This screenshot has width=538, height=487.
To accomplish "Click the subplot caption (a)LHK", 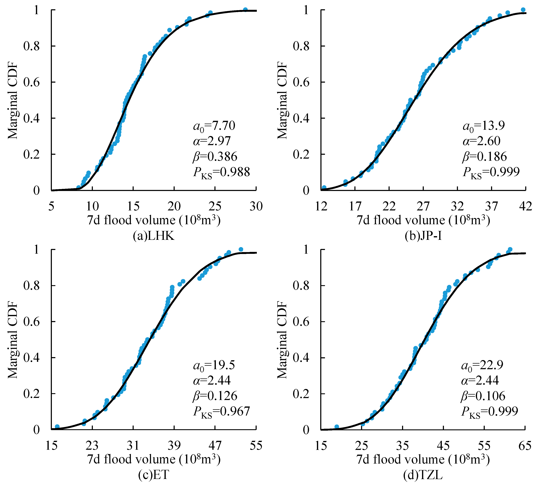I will click(x=154, y=236).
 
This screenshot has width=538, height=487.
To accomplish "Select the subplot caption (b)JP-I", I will click(x=423, y=236).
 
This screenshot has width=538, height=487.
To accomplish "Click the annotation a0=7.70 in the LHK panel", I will click(x=214, y=126).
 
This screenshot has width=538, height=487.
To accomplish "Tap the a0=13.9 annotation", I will click(x=484, y=126).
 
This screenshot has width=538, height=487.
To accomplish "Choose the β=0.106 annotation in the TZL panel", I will click(x=483, y=396).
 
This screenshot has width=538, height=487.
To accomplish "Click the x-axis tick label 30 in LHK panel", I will click(x=256, y=206).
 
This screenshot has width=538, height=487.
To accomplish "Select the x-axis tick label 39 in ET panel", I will click(x=174, y=445).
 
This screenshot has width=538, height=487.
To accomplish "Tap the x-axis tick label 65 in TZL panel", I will click(x=525, y=445).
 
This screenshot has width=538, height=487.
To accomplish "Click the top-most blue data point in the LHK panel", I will click(x=245, y=10).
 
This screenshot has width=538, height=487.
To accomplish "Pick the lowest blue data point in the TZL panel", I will click(x=337, y=427).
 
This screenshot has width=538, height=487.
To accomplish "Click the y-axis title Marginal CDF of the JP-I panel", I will click(x=282, y=100).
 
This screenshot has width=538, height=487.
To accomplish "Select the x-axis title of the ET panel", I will click(x=154, y=459).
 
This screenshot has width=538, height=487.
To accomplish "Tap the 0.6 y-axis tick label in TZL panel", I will click(x=301, y=322).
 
